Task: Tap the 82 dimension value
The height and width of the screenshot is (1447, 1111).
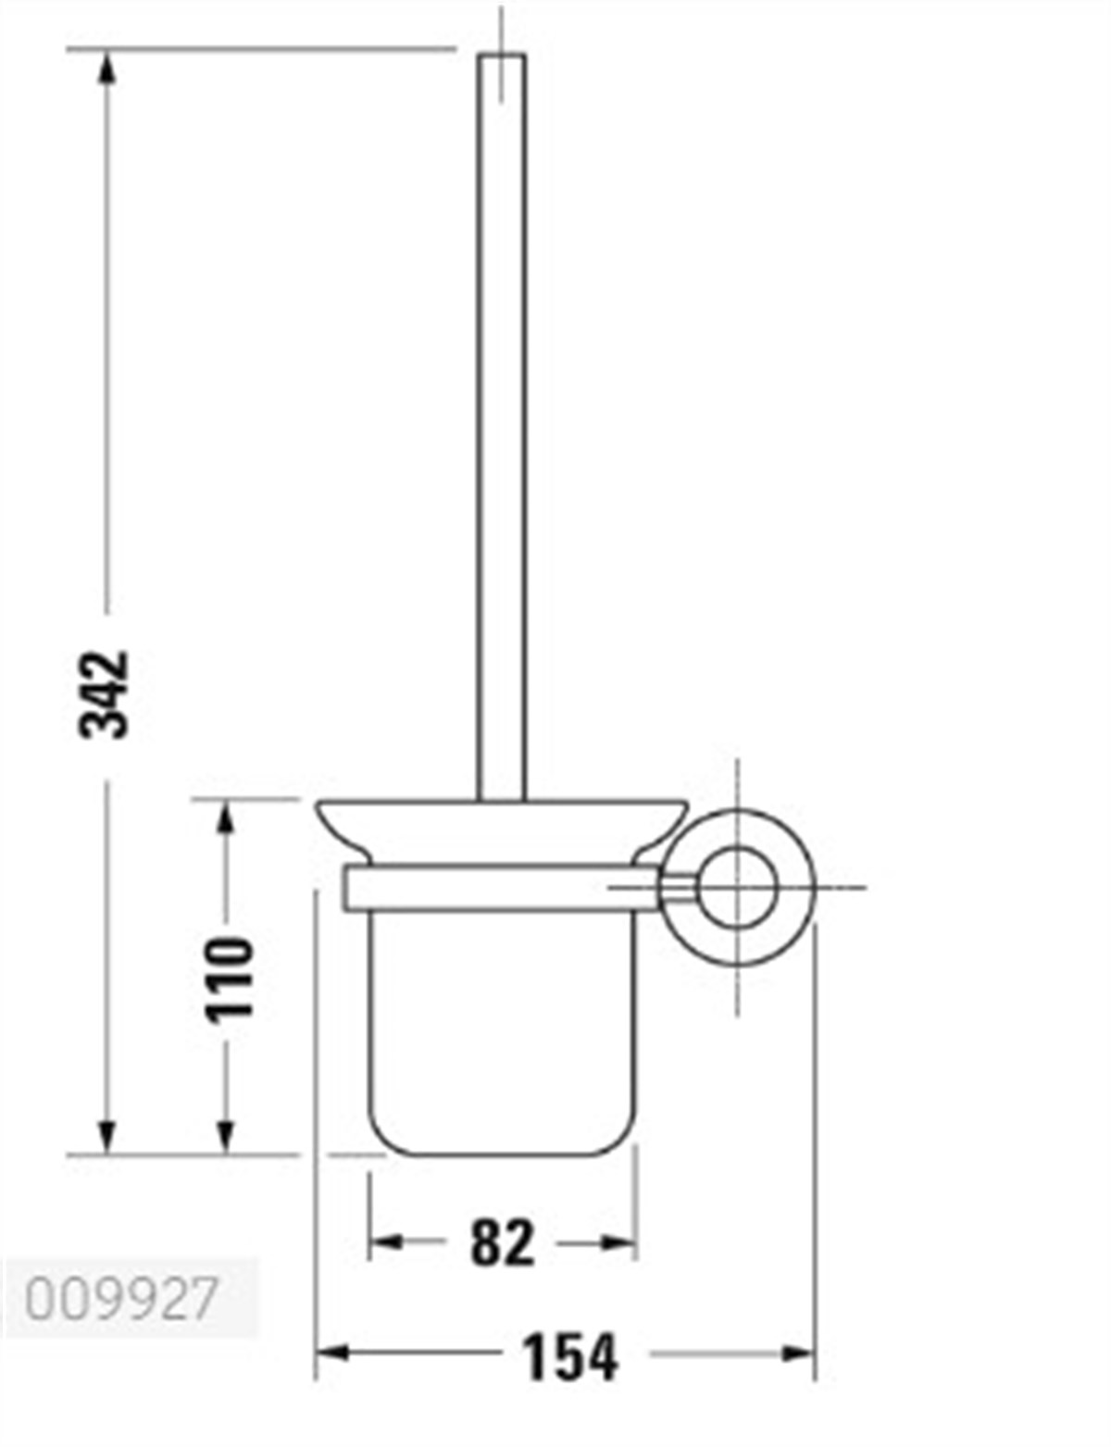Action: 503,1242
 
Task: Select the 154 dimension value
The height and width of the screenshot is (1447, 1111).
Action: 569,1357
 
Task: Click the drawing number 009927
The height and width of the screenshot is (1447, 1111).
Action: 120,1298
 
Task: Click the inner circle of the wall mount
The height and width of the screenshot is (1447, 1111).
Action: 737,887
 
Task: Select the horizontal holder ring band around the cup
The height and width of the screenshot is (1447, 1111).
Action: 491,887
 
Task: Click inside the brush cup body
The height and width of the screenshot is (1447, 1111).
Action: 503,1018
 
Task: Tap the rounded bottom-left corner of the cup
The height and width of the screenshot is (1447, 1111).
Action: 381,1141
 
